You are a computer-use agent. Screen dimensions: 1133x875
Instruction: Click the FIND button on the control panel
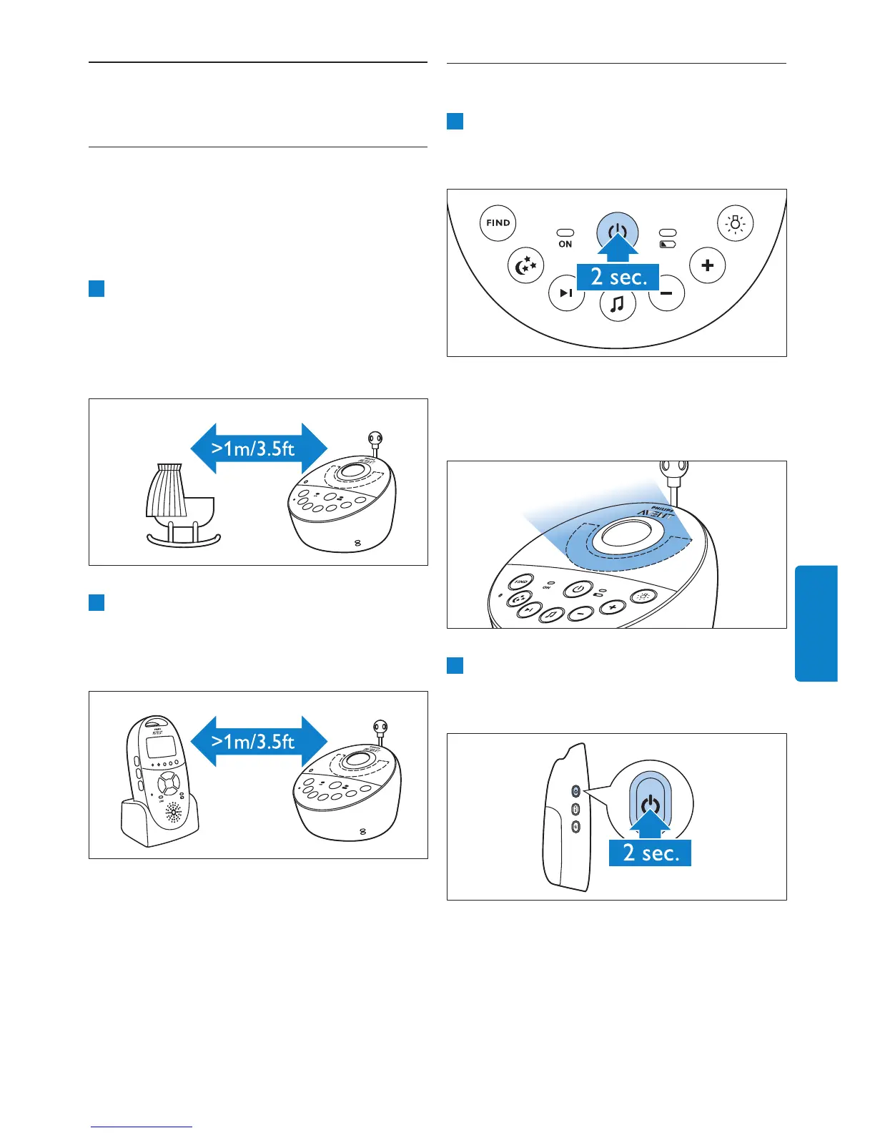(x=498, y=223)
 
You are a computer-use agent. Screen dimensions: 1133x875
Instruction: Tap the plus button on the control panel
(x=707, y=265)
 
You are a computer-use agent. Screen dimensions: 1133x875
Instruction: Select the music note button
(x=618, y=305)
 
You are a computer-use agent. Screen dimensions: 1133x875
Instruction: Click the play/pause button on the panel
(x=566, y=293)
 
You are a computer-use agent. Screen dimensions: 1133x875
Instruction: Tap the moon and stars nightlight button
(x=526, y=266)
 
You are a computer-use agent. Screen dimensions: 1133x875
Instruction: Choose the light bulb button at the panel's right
(x=735, y=223)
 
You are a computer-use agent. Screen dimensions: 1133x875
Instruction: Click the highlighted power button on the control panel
(x=618, y=232)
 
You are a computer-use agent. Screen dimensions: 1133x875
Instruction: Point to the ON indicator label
(x=565, y=244)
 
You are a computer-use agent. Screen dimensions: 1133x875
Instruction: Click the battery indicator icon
(x=668, y=244)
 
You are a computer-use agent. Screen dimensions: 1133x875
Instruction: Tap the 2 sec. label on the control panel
(x=618, y=276)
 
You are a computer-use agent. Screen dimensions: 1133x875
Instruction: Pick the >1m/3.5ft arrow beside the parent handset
(x=259, y=742)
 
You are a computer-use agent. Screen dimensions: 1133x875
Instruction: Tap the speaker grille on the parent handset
(x=173, y=813)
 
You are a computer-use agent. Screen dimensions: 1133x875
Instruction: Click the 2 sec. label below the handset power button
(x=650, y=853)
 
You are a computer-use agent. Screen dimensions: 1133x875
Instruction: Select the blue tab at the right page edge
(x=816, y=623)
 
